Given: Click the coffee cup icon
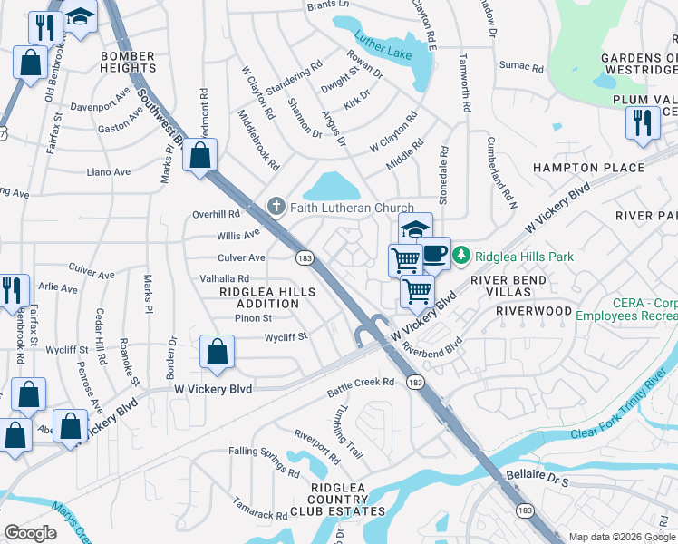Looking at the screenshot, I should (435, 252).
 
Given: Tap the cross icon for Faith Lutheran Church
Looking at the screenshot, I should (276, 208).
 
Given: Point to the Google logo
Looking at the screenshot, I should (31, 533).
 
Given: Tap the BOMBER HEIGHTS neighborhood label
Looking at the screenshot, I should (128, 63).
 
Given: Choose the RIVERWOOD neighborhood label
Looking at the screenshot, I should (534, 311).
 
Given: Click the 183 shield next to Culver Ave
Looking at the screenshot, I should (305, 258).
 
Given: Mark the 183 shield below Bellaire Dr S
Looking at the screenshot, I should (525, 511).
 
